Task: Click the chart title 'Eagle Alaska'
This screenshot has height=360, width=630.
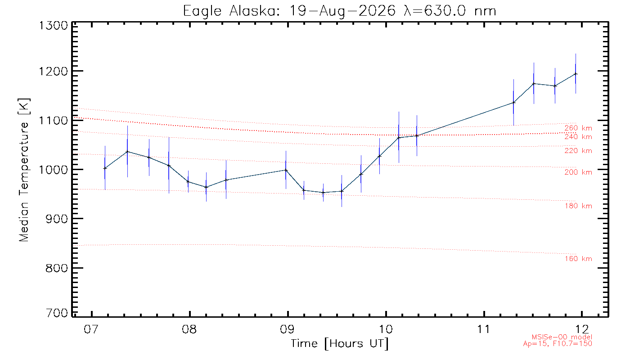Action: click(230, 11)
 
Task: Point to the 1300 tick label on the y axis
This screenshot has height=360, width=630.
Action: click(53, 26)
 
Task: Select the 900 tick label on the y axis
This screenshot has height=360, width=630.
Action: click(57, 219)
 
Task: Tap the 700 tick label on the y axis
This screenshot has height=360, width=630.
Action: click(57, 313)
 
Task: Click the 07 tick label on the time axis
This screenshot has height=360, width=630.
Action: click(91, 329)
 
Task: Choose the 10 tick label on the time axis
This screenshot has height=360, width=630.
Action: click(386, 329)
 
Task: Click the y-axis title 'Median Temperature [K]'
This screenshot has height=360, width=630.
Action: click(24, 170)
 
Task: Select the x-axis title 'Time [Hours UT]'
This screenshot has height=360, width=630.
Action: click(339, 344)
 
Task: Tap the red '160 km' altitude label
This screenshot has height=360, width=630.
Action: click(578, 259)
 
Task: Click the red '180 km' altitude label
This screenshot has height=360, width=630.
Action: click(578, 206)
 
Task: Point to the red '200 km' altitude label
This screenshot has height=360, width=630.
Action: click(578, 172)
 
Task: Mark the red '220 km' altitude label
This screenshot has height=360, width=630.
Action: click(578, 151)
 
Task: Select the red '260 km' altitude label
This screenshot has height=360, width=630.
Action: click(578, 128)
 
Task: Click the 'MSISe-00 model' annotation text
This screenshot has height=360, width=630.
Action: click(562, 337)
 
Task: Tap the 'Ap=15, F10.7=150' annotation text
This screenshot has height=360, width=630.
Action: click(558, 343)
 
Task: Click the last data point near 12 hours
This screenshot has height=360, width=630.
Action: click(576, 74)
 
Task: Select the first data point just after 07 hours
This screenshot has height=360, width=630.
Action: click(105, 168)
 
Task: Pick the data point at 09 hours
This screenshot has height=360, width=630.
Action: click(286, 170)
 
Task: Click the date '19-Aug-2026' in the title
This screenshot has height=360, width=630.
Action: click(342, 11)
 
